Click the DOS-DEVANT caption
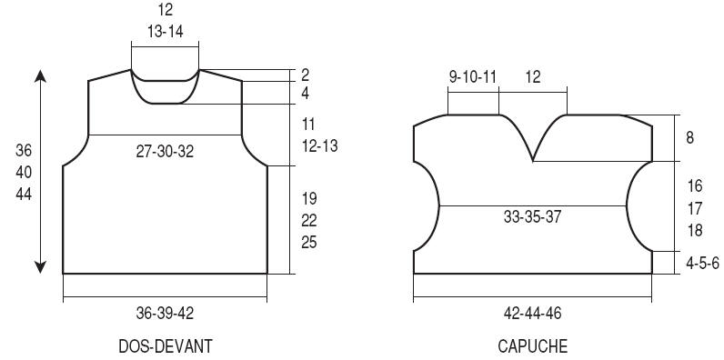[x=166, y=345]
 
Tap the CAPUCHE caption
[x=532, y=345]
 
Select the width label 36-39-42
[x=165, y=314]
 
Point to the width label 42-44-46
[x=532, y=314]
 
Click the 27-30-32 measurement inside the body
[x=165, y=152]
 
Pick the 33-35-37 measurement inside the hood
[x=532, y=216]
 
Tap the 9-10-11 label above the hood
[x=473, y=77]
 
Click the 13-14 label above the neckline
[x=166, y=32]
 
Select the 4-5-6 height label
[x=702, y=264]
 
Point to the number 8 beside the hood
[x=689, y=137]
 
